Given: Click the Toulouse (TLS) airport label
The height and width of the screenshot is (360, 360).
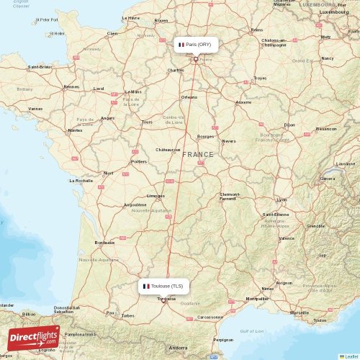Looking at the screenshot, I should [165, 286].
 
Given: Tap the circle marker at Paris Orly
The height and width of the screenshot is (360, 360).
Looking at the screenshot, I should [195, 60].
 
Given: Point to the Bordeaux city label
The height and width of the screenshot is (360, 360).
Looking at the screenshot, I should [105, 242].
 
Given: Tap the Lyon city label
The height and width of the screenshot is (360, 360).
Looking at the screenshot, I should [282, 199].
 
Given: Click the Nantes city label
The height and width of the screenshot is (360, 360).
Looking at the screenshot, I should [74, 130].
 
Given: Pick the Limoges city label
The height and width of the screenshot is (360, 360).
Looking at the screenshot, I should [156, 195].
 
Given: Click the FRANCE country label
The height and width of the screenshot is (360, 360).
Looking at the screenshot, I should [197, 154].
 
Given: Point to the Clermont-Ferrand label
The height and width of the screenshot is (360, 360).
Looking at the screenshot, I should [230, 197].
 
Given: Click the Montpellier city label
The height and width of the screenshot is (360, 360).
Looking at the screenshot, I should [257, 298].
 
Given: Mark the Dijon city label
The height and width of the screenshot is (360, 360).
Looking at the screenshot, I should [289, 125].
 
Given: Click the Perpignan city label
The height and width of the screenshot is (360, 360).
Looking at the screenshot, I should [224, 339].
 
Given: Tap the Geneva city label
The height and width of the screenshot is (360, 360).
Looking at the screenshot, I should [327, 178].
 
